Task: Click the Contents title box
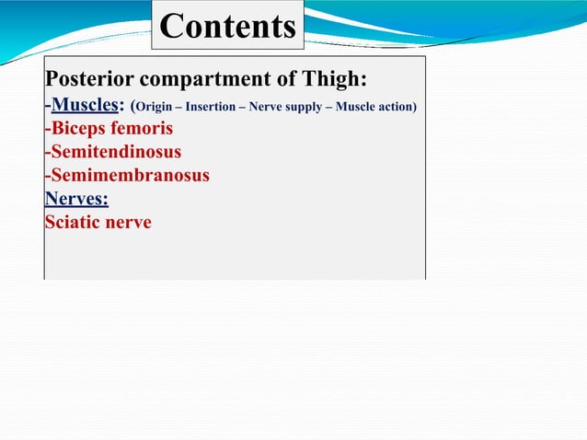(x=227, y=26)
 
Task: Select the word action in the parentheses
(x=397, y=108)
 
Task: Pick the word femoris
(x=139, y=129)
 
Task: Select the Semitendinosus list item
(x=114, y=152)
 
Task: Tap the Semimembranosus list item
(x=128, y=175)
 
